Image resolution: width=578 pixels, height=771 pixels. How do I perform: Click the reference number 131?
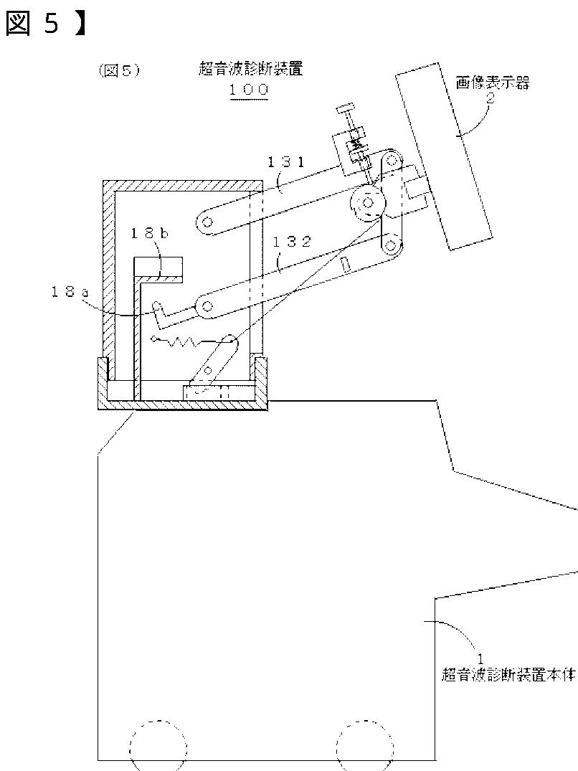pyautogui.click(x=286, y=163)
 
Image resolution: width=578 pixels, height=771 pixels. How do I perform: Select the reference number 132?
pyautogui.click(x=292, y=242)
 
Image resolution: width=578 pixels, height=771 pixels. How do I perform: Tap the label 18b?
pyautogui.click(x=150, y=233)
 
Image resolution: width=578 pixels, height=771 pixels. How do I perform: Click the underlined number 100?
pyautogui.click(x=248, y=90)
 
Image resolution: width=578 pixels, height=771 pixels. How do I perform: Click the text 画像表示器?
pyautogui.click(x=492, y=83)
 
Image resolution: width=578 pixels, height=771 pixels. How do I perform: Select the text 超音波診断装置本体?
pyautogui.click(x=508, y=676)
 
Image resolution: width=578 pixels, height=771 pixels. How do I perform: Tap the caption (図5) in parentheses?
pyautogui.click(x=118, y=70)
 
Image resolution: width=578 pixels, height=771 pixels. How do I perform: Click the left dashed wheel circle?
pyautogui.click(x=158, y=746)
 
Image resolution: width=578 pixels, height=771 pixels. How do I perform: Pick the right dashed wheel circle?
pyautogui.click(x=365, y=746)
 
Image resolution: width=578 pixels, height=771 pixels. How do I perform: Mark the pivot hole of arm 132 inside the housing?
pyautogui.click(x=207, y=308)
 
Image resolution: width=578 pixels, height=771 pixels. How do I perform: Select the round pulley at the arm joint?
pyautogui.click(x=368, y=204)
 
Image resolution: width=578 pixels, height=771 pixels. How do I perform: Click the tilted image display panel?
pyautogui.click(x=445, y=156)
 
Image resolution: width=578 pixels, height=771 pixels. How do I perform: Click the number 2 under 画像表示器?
pyautogui.click(x=491, y=99)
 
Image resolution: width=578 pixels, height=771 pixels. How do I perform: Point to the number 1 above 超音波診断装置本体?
pyautogui.click(x=481, y=657)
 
